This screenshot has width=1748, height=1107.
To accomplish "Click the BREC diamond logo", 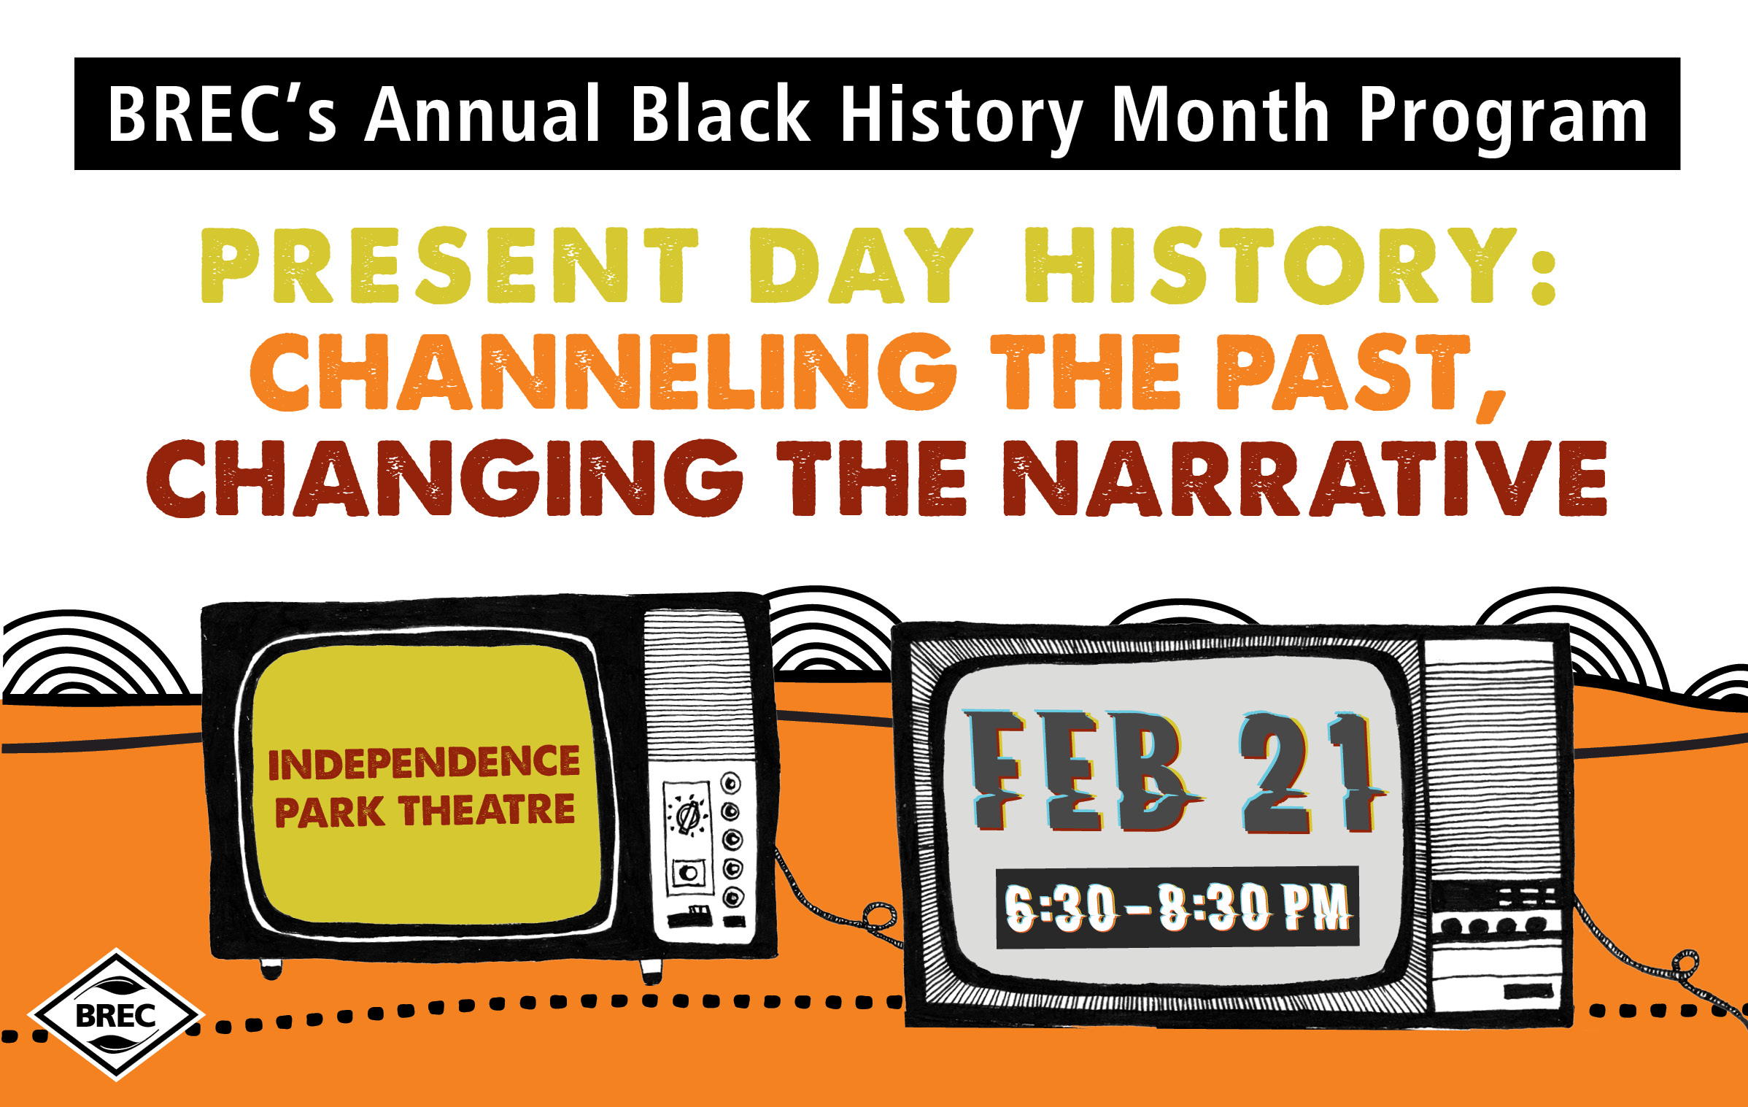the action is coord(116,1014).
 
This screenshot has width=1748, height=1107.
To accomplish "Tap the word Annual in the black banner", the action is coord(482,114).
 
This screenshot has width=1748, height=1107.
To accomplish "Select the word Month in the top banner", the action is coord(1221,114).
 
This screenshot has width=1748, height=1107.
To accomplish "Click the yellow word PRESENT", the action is coord(450,266).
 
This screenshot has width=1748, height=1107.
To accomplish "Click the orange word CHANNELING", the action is coord(603,371).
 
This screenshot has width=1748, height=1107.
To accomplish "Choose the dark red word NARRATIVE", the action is coord(1305,478).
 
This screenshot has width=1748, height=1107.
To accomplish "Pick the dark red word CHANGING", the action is coord(444,478).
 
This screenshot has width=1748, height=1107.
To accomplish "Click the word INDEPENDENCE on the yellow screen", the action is coord(424,763).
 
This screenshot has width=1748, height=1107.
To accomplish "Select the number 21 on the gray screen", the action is coord(1310,774).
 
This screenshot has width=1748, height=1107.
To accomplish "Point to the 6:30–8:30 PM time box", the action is coord(1177,907).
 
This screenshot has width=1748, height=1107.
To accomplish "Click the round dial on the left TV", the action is coord(687,816).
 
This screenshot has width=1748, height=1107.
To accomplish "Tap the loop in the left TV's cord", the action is coord(880,915).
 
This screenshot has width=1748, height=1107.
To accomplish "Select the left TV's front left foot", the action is coord(271,968).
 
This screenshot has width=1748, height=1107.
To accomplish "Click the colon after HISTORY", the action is coord(1544,266).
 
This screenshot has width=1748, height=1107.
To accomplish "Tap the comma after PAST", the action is coord(1492,406).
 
